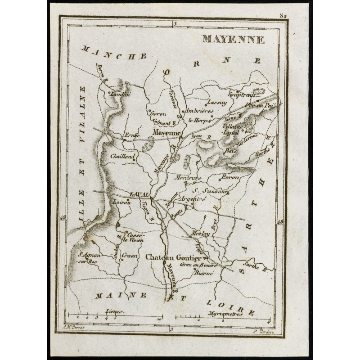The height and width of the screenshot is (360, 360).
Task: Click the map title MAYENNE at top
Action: pyautogui.click(x=233, y=39)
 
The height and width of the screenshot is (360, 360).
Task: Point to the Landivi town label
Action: pyautogui.click(x=119, y=95)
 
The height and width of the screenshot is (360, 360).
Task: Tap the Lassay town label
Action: pyautogui.click(x=217, y=102)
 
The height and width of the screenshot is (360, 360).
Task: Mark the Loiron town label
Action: pyautogui.click(x=122, y=203)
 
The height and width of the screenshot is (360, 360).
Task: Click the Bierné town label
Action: pyautogui.click(x=203, y=273)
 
